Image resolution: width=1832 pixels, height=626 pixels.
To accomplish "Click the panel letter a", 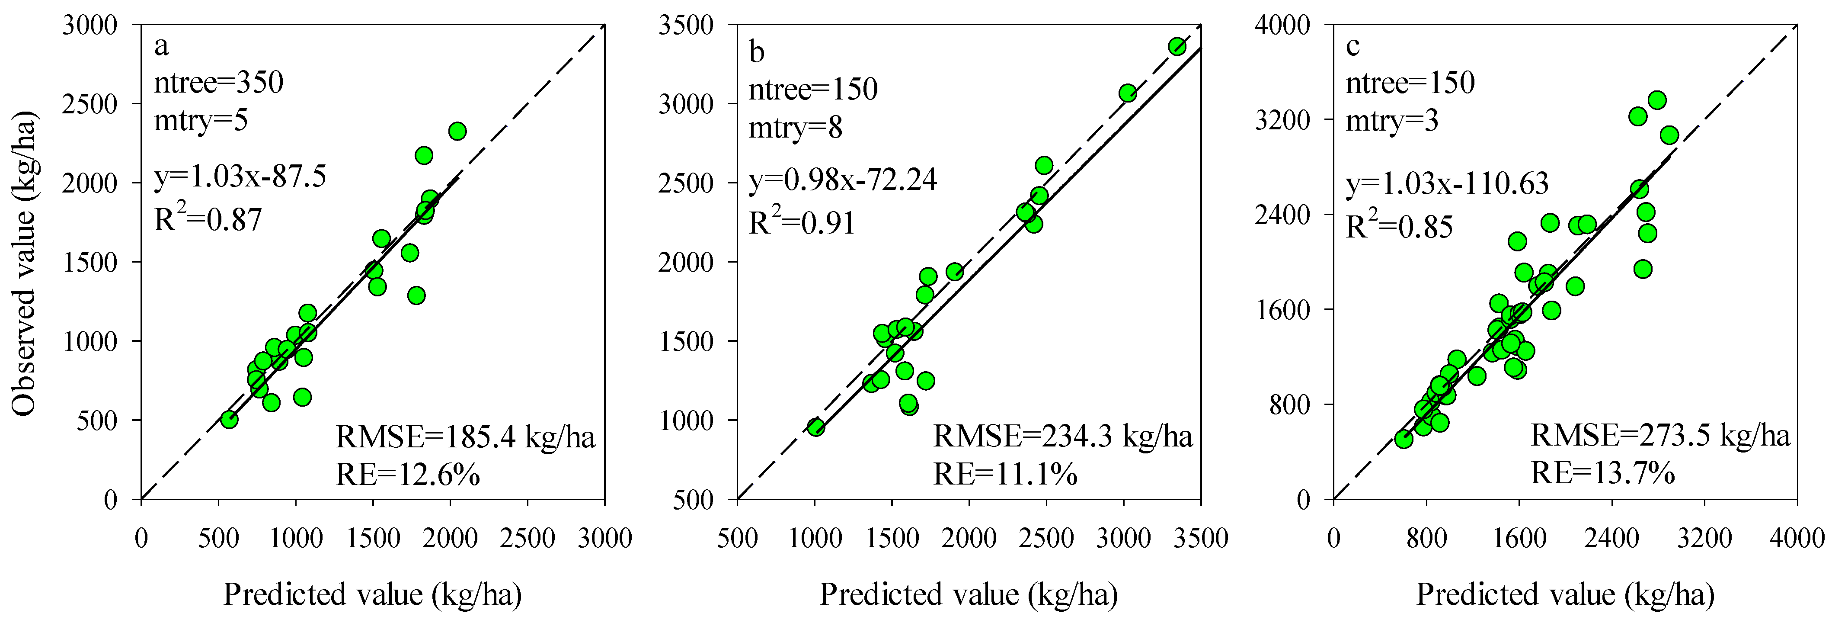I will click(162, 47).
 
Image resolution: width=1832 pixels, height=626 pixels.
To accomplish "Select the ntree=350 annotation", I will click(219, 83).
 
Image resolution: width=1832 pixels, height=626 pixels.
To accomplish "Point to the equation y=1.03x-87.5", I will click(240, 177).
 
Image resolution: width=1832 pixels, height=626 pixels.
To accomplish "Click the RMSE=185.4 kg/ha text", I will click(465, 437).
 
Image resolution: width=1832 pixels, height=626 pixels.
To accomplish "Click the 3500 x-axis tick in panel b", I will click(1200, 538).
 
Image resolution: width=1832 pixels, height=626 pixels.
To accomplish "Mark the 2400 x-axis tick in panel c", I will click(1611, 538).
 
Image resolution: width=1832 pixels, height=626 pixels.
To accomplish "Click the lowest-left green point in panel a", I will click(229, 420).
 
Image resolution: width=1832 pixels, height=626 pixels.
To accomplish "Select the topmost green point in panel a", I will click(457, 132).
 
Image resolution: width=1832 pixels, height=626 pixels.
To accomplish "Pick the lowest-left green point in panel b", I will click(816, 427).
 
